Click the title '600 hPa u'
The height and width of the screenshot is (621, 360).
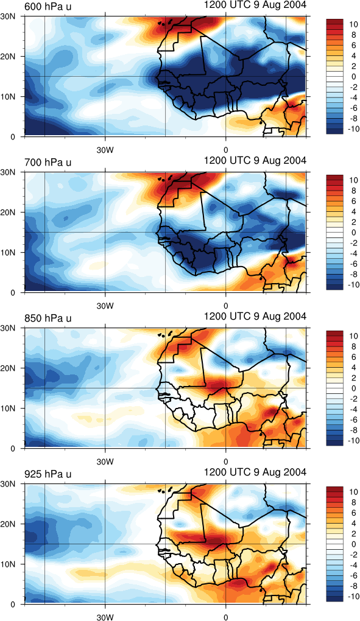point(48,6)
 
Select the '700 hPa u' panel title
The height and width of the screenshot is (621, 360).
point(48,162)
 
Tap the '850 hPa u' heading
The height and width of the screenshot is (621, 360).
point(48,318)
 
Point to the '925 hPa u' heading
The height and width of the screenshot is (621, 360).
point(48,474)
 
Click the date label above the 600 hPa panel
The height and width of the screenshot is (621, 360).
point(255,5)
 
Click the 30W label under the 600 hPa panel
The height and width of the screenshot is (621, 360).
point(105,150)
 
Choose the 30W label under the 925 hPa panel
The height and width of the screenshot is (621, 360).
point(105,617)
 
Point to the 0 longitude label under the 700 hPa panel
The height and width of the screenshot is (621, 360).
point(226,306)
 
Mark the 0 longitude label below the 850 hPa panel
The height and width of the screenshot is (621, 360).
point(226,461)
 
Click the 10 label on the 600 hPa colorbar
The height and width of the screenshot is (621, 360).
point(353,24)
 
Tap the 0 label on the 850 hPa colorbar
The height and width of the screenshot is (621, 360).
point(354,389)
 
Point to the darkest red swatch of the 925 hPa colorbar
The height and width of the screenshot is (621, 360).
point(336,489)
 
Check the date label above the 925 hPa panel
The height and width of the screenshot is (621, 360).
point(255,472)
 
